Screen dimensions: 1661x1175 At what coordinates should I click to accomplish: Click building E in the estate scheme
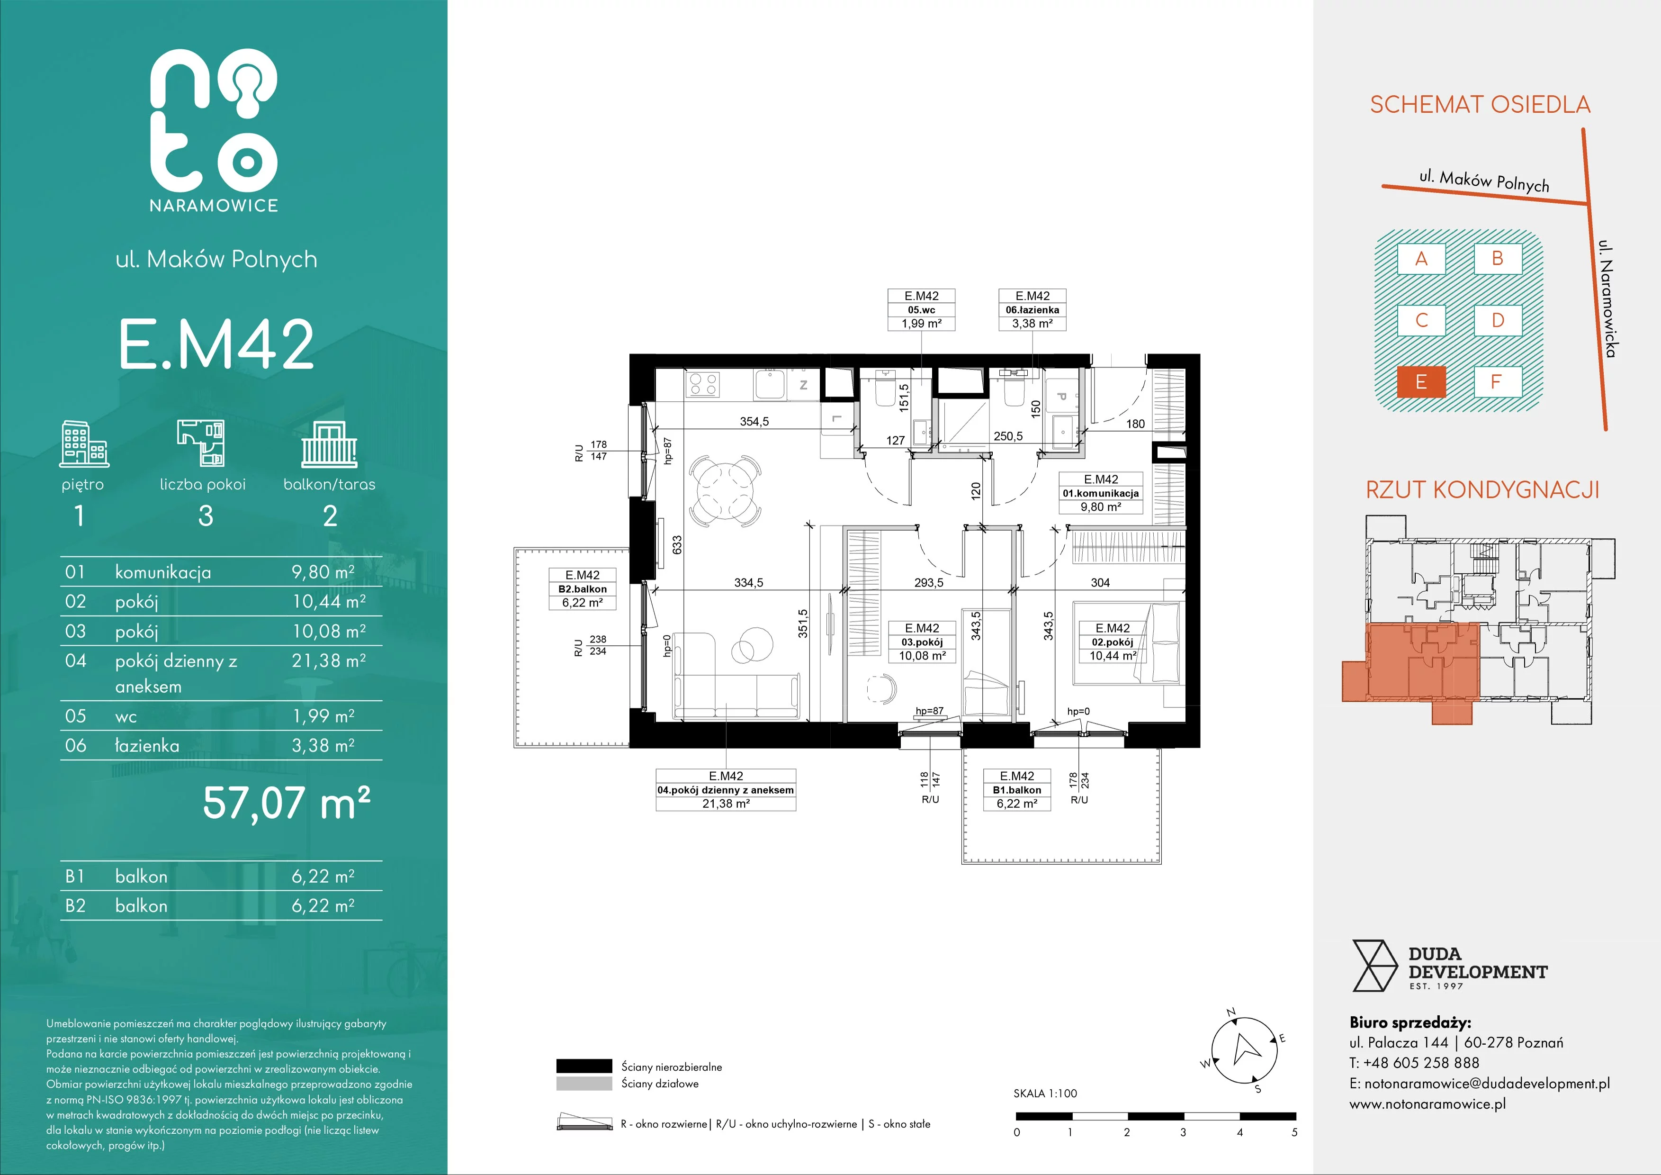pos(1421,382)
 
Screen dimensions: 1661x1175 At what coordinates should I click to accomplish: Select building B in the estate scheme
pos(1498,258)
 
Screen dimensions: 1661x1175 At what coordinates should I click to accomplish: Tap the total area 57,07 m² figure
pos(287,803)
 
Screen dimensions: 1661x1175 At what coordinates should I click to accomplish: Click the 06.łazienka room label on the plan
pos(1033,310)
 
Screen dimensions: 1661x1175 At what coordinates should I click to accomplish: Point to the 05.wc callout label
pos(922,310)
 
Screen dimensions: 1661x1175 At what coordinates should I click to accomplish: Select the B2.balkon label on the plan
pos(583,589)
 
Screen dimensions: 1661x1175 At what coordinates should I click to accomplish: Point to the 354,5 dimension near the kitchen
pos(754,422)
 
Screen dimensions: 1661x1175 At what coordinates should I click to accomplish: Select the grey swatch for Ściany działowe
pos(584,1083)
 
